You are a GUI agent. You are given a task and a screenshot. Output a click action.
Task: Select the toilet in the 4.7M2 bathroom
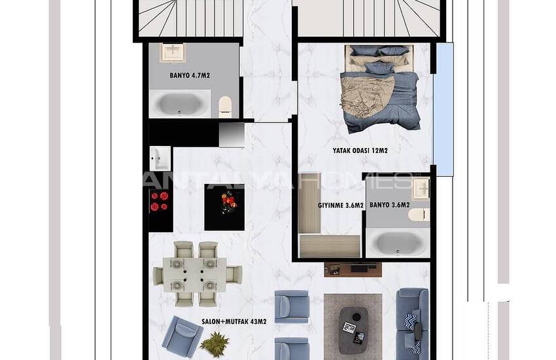pyautogui.click(x=225, y=105)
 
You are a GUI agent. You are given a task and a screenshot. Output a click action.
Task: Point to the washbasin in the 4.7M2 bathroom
pyautogui.click(x=173, y=51)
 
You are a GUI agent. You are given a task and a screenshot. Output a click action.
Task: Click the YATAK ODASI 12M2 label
pyautogui.click(x=360, y=151)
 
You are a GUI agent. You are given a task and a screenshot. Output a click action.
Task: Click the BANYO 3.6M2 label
pyautogui.click(x=390, y=205)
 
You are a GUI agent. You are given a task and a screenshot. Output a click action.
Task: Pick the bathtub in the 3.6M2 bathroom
pyautogui.click(x=397, y=243)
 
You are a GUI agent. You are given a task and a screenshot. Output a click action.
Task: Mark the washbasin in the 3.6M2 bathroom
pyautogui.click(x=421, y=189)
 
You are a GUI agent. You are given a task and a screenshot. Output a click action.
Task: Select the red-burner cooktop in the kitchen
pyautogui.click(x=160, y=201)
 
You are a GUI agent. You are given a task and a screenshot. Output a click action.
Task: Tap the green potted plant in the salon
pyautogui.click(x=214, y=342)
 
